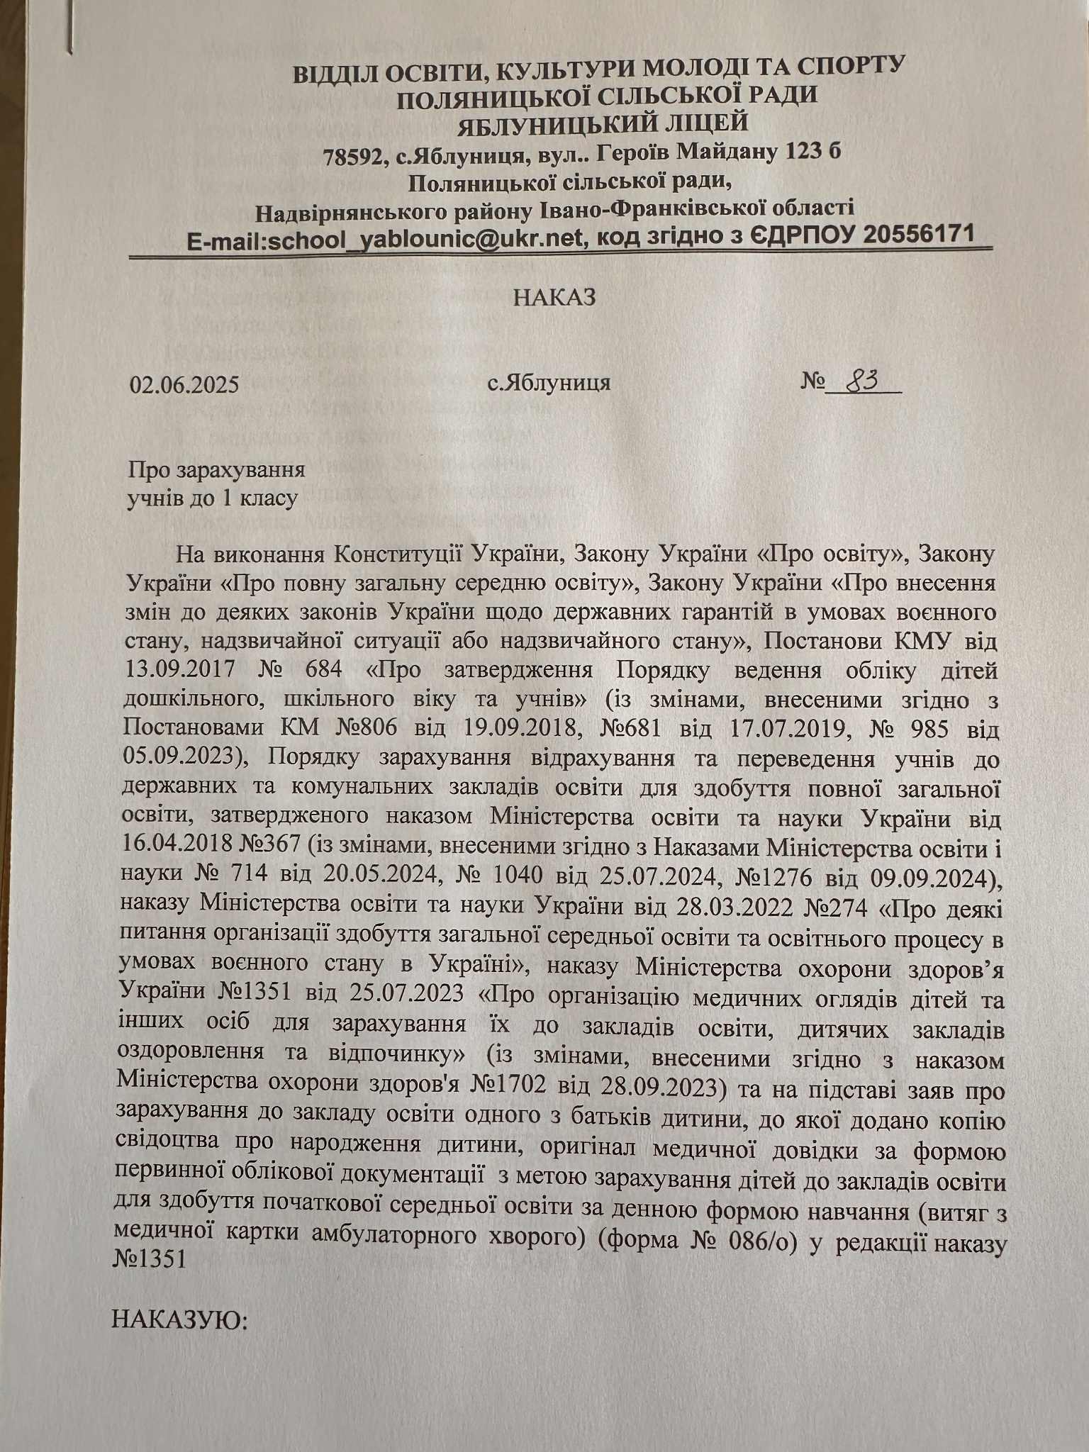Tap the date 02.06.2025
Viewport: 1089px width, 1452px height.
184,384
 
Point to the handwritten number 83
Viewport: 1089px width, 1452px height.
860,382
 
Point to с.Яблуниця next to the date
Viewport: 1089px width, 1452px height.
549,384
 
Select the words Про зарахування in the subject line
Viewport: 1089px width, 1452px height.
216,470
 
